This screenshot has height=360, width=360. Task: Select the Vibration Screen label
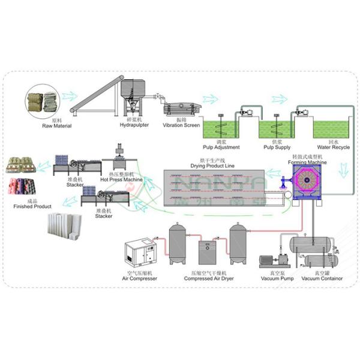[x=181, y=126]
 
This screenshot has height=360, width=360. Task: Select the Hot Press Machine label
[x=122, y=179]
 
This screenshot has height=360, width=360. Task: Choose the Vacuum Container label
[x=322, y=278]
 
